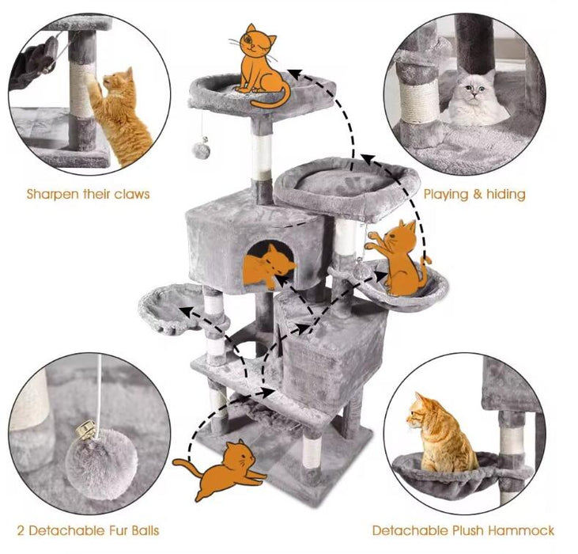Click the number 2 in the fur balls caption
21,530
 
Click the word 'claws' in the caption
130,194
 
